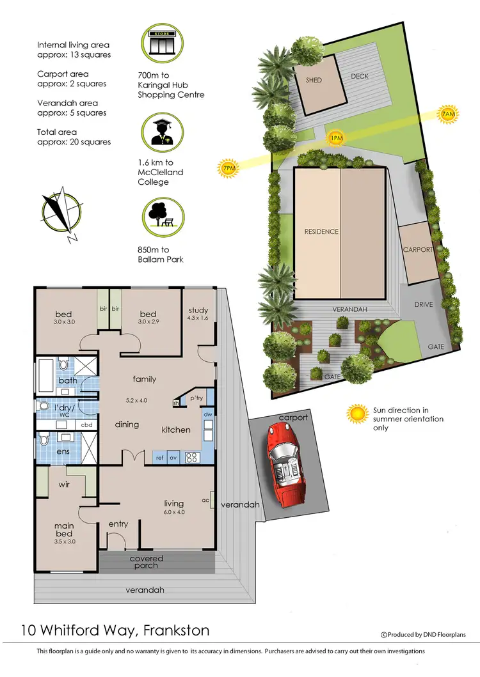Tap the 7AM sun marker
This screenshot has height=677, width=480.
448,114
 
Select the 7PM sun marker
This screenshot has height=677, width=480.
227,168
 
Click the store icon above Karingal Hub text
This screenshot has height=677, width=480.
162,42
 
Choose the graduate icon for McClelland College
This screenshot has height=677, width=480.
162,131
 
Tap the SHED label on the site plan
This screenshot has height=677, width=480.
314,81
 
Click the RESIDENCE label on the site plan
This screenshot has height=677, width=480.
321,231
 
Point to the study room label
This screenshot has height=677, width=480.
198,311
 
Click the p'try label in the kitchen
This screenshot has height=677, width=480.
197,399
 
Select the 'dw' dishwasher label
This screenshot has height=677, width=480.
208,414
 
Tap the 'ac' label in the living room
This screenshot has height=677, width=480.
205,500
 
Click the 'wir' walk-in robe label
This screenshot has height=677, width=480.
64,485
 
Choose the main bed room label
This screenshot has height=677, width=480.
64,530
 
